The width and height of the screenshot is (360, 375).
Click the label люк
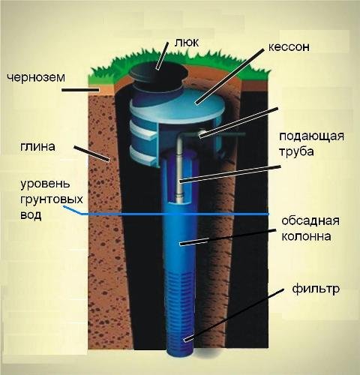pyautogui.click(x=187, y=43)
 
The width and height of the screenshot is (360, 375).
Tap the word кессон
pyautogui.click(x=289, y=47)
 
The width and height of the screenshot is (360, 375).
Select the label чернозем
pyautogui.click(x=36, y=77)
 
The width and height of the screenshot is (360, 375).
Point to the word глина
pyautogui.click(x=37, y=147)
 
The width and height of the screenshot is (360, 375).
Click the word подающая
pyautogui.click(x=311, y=136)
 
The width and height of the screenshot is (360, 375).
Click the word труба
pyautogui.click(x=296, y=151)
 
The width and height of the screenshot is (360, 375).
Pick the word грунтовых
pyautogui.click(x=52, y=199)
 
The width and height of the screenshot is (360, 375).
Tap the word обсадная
pyautogui.click(x=310, y=220)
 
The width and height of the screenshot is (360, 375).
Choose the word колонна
pyautogui.click(x=306, y=236)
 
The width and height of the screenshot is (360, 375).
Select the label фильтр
pyautogui.click(x=316, y=289)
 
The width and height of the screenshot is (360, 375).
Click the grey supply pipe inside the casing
pyautogui.click(x=179, y=170)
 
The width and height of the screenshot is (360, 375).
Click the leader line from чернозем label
pyautogui.click(x=80, y=90)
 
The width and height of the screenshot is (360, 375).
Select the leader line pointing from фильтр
pyautogui.click(x=234, y=315)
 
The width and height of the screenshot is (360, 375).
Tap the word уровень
pyautogui.click(x=45, y=184)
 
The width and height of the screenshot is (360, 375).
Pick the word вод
pyautogui.click(x=31, y=215)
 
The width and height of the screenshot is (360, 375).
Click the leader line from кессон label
pyautogui.click(x=229, y=76)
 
